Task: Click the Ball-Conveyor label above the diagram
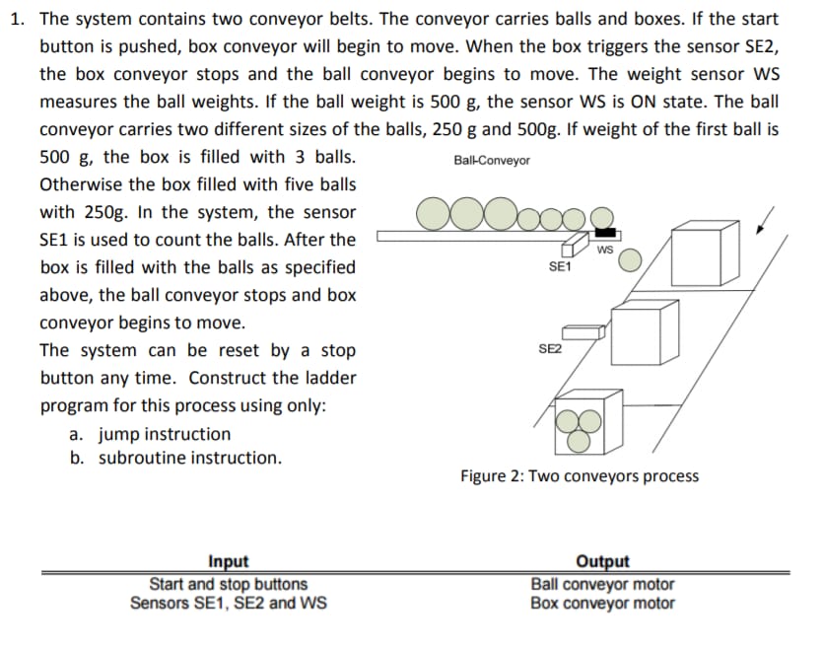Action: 492,160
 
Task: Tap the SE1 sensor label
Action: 559,267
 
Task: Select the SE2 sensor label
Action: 550,349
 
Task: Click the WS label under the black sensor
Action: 605,250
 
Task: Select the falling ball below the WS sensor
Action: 630,259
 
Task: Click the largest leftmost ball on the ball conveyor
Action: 435,214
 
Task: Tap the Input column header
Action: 229,561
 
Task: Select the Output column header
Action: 602,561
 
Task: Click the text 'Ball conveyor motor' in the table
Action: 602,584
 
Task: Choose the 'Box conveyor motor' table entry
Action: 602,603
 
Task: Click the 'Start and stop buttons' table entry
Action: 229,584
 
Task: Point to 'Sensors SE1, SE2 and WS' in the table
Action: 229,603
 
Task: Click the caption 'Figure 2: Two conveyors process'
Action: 580,476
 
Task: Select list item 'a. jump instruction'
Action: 151,434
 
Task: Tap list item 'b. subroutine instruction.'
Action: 175,458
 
